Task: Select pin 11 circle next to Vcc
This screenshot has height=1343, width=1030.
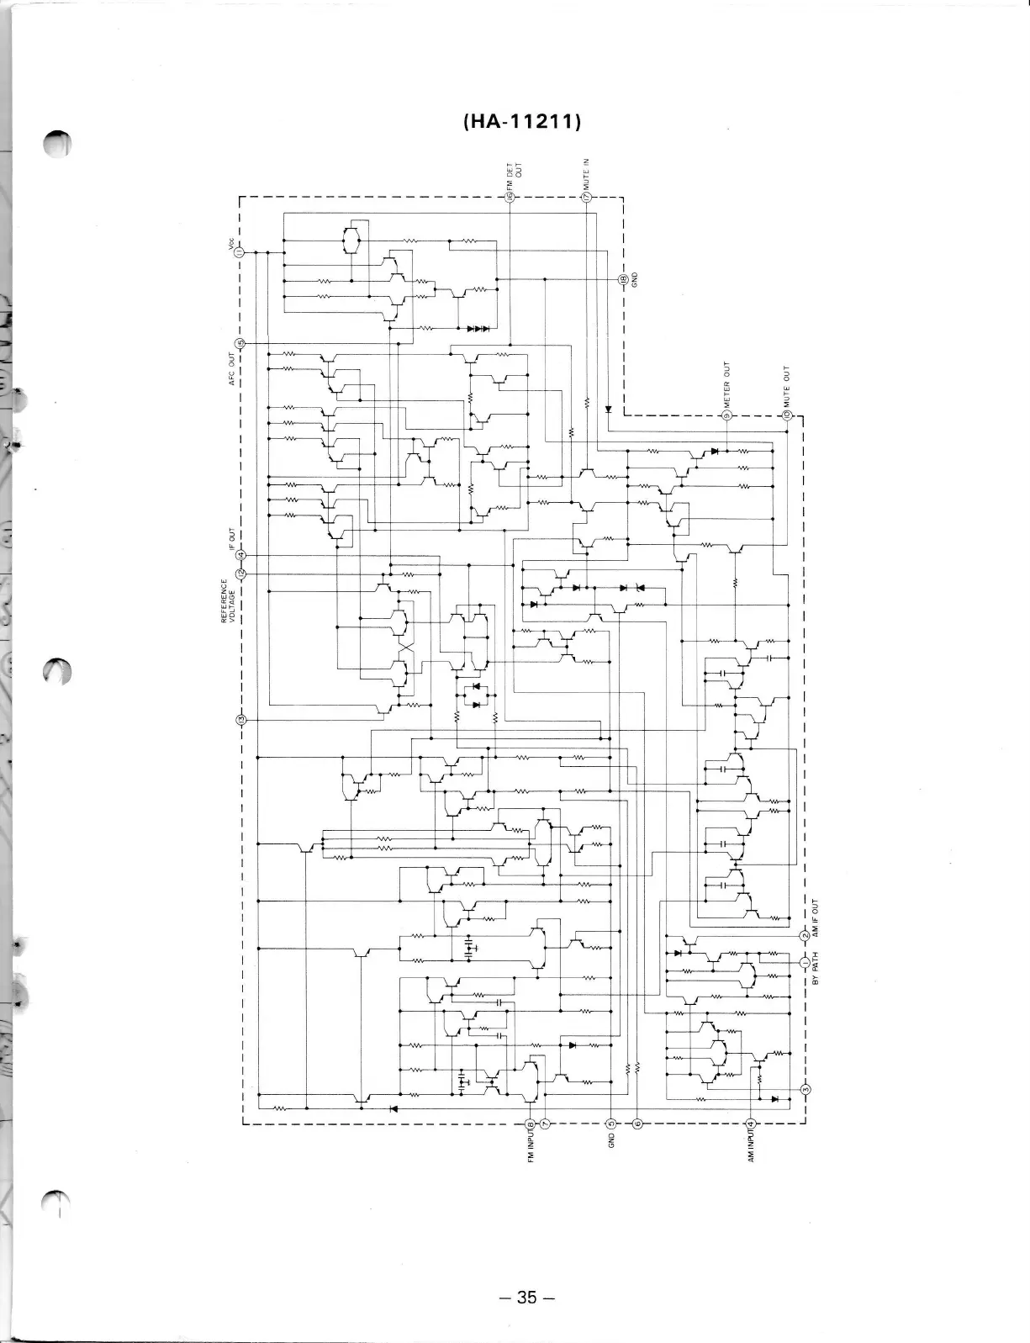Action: [x=240, y=251]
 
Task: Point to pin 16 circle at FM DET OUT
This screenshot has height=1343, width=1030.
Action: [x=510, y=197]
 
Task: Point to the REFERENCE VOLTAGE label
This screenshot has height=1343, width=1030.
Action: [x=228, y=600]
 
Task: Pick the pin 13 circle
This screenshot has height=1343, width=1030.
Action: [x=240, y=720]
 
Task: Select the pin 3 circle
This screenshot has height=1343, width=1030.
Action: [x=805, y=1091]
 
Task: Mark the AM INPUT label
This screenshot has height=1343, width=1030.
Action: [x=751, y=1145]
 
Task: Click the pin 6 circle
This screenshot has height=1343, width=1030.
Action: [x=637, y=1124]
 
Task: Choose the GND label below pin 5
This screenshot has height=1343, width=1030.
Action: [x=611, y=1139]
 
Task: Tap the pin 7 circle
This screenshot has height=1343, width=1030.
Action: [x=545, y=1124]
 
